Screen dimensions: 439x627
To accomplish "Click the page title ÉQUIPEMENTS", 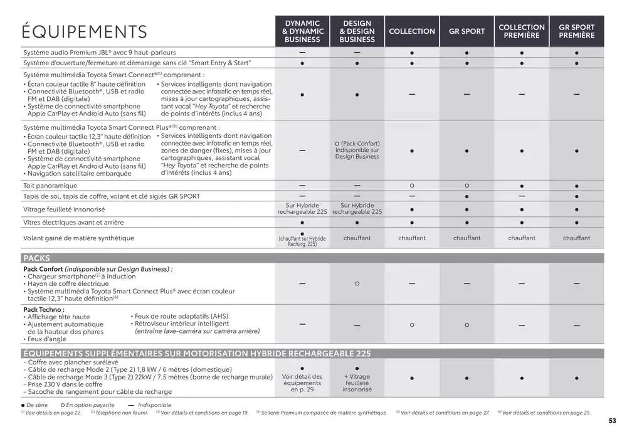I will click(x=84, y=31).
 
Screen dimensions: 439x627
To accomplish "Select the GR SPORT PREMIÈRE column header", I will click(x=576, y=31).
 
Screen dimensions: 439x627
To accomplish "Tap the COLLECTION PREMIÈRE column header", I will click(x=522, y=31).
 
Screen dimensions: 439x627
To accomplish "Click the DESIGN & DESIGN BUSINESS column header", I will click(x=357, y=31).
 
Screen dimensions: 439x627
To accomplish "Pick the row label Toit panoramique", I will click(x=50, y=186).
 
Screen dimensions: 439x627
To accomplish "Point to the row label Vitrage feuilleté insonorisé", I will click(x=64, y=209).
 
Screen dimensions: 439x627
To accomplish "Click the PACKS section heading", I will click(x=36, y=258).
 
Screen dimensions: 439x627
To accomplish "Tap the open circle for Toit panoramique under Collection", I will click(x=412, y=186).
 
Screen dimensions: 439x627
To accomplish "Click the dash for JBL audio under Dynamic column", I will click(x=302, y=52).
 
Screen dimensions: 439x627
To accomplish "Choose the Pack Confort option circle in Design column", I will click(x=357, y=283).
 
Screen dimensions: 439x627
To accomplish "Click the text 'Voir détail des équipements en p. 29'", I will click(x=302, y=383).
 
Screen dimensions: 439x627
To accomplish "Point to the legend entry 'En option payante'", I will click(x=90, y=405).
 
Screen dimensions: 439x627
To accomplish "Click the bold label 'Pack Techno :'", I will click(x=44, y=309).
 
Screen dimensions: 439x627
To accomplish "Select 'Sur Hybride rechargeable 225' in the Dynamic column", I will click(x=302, y=209).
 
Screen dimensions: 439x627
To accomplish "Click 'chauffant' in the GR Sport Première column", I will click(x=576, y=238).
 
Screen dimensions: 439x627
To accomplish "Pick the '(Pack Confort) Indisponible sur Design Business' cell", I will click(x=357, y=150).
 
